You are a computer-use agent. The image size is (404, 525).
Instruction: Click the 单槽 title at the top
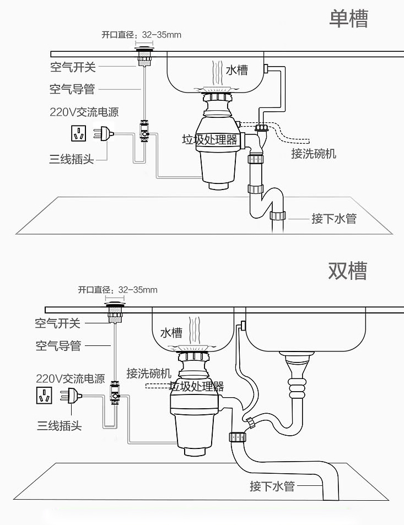pos(348,19)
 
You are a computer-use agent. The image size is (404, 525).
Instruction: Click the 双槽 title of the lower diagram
pos(347,270)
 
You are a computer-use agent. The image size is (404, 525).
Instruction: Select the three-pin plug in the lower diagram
pos(72,396)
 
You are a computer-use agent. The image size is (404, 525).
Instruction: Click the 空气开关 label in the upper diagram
pos(72,67)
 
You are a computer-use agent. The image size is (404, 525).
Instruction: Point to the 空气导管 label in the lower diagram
pos(58,345)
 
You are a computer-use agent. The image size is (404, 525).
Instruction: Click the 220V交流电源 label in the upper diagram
pos(84,112)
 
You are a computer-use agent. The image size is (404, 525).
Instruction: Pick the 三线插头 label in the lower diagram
pos(60,425)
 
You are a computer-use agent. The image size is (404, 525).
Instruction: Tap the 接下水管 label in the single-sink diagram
pos(333,219)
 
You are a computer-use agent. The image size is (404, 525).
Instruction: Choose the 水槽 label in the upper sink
pos(236,70)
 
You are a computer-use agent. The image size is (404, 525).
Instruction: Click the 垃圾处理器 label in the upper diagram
pos(209,139)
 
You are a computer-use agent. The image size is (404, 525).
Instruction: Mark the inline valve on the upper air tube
pos(144,131)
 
